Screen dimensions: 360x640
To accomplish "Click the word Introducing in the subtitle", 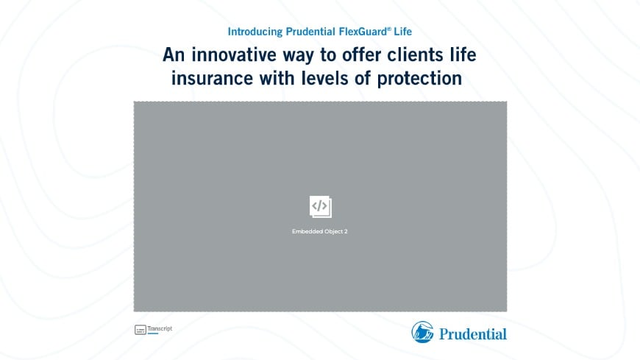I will click(x=255, y=32).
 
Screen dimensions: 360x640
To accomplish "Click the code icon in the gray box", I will click(x=320, y=207).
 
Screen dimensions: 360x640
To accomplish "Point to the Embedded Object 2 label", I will click(x=320, y=232).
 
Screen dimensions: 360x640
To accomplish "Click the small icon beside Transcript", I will click(x=140, y=330).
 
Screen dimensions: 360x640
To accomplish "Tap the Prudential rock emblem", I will click(x=422, y=332).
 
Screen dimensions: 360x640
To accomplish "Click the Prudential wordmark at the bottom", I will click(x=473, y=333).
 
